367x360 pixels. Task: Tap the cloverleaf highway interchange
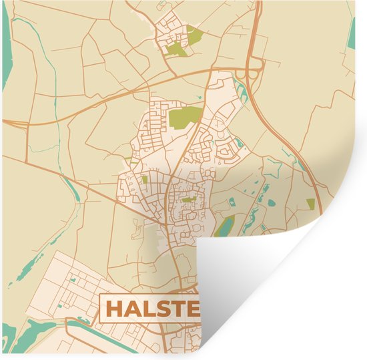coord(252,71)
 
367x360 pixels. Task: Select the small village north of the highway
coord(175,35)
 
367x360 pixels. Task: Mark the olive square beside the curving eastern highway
coord(310,203)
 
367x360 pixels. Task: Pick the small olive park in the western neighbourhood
coord(143,179)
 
